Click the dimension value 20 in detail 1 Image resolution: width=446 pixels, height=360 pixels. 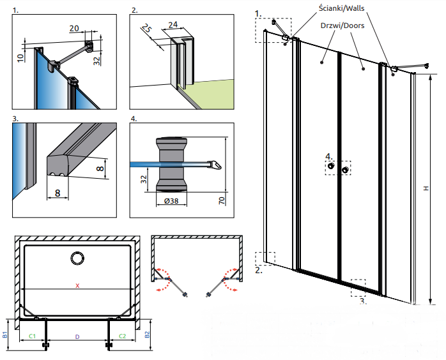tap(73, 28)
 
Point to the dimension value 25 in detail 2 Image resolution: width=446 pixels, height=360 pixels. tap(145, 30)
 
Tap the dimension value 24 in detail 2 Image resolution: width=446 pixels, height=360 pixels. tap(173, 25)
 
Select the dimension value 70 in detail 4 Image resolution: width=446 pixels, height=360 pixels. tap(220, 200)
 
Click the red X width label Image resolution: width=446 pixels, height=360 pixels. tap(77, 285)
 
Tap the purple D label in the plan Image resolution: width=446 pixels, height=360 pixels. tap(77, 335)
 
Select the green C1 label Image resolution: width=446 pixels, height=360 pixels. tap(32, 335)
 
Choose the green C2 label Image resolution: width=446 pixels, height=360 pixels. tap(122, 335)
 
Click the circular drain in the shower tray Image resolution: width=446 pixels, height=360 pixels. tap(77, 259)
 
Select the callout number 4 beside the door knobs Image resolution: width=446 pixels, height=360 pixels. tap(328, 156)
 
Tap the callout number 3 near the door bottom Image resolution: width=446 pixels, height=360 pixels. tap(362, 299)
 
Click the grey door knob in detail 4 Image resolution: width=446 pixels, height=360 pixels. tap(172, 164)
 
